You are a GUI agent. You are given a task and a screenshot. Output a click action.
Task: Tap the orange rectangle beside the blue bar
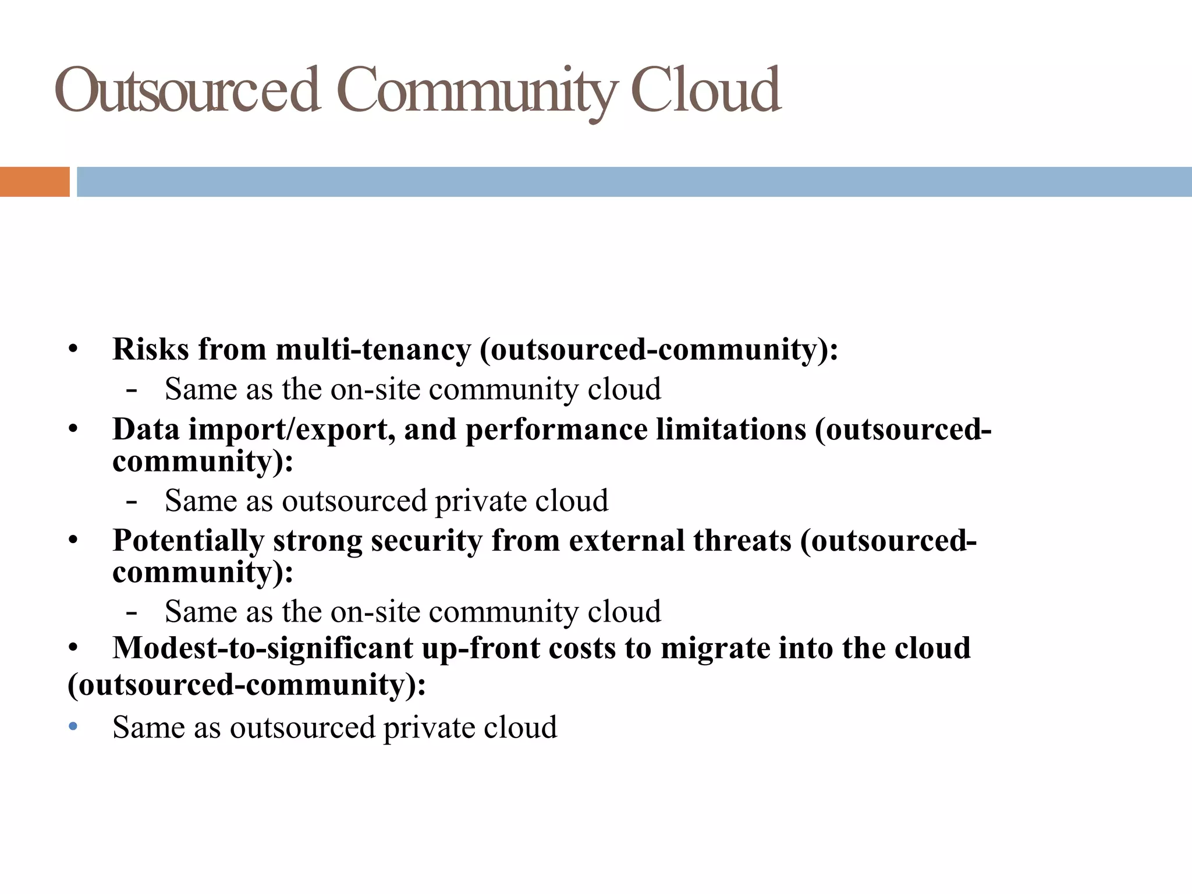point(34,182)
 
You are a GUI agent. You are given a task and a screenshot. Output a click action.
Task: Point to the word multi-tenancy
point(373,350)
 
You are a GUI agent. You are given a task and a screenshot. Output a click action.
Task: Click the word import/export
point(288,430)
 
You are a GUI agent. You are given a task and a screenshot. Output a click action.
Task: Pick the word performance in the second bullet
point(556,430)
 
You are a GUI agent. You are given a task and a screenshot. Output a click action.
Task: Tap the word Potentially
point(188,541)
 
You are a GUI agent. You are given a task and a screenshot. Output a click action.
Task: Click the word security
point(427,541)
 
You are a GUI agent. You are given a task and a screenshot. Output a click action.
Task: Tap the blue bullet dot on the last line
point(73,727)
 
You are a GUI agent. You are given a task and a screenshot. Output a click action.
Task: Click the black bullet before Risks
point(73,350)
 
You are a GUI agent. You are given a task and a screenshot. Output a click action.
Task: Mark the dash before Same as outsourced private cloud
point(132,501)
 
